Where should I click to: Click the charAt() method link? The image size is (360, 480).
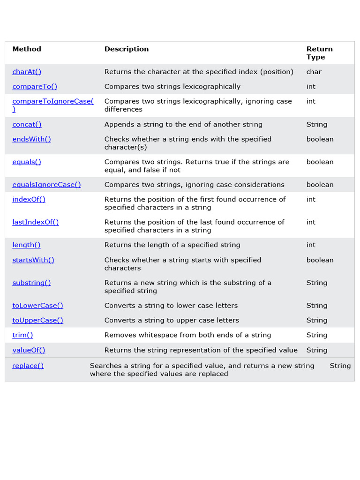point(27,72)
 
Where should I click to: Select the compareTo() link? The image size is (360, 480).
point(35,86)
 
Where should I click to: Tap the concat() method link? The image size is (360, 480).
point(27,124)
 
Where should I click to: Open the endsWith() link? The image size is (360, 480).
point(31,139)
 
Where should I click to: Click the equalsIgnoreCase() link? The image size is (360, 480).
point(46,185)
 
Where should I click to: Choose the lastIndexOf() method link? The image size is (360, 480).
point(36,222)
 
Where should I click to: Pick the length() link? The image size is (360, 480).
point(26,245)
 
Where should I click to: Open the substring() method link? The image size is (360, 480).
point(31,283)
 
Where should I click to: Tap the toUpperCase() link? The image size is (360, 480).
point(37,320)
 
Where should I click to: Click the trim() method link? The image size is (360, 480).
point(22,335)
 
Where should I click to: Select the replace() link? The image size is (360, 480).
point(28,366)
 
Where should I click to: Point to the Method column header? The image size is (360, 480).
point(27,49)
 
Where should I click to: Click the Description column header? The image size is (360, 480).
point(127,49)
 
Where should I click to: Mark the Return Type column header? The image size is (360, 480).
point(319,53)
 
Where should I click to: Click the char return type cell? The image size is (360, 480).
point(314,72)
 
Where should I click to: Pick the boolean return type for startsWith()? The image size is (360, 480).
point(320,260)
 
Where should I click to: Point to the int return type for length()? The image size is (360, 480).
point(311,245)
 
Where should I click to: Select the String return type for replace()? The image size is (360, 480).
point(340,366)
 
